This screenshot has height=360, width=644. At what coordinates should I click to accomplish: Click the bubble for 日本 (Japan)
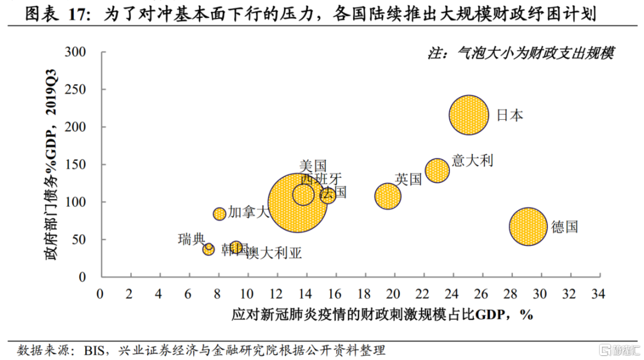pos(469,114)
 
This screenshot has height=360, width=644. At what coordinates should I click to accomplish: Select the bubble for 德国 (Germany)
pos(528,226)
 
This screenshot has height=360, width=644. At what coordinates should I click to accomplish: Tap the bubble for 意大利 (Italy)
pos(437,170)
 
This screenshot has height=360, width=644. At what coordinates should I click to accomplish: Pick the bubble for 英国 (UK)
pos(388,195)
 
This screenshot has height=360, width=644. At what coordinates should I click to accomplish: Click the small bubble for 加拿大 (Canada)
pos(219,214)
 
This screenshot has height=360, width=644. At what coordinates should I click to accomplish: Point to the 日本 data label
pos(510,115)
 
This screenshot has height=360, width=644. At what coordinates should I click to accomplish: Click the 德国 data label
pos(564,227)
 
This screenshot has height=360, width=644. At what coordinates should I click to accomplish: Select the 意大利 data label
pos(473,160)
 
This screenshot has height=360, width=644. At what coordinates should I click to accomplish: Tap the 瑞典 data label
pos(191,239)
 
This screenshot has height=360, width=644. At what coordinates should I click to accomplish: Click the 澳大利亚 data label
pos(274,253)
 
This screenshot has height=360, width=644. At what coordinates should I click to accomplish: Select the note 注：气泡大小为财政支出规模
pos(521,53)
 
